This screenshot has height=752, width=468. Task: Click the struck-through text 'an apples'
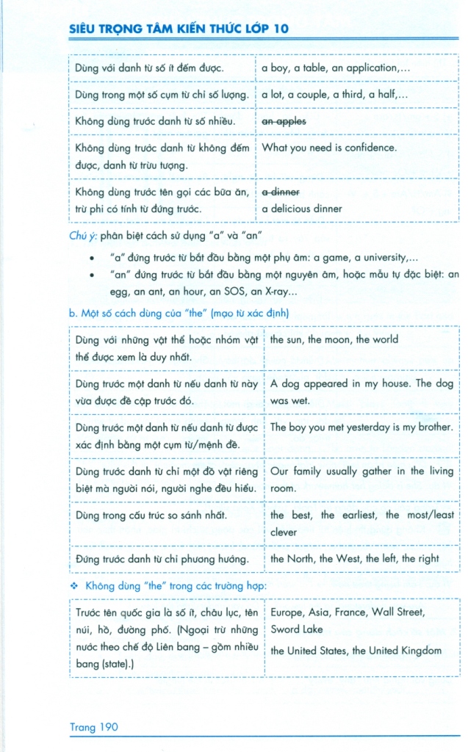point(284,120)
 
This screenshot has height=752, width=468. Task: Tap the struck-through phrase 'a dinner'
point(281,192)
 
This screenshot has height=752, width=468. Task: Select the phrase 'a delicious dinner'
point(302,209)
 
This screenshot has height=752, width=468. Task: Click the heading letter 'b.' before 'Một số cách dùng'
point(73,313)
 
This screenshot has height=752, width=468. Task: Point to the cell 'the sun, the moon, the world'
point(334,340)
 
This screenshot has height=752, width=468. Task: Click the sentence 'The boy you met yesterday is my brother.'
point(361,427)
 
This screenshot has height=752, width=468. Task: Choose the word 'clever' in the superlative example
point(284,532)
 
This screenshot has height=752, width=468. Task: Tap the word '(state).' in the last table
point(118,663)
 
